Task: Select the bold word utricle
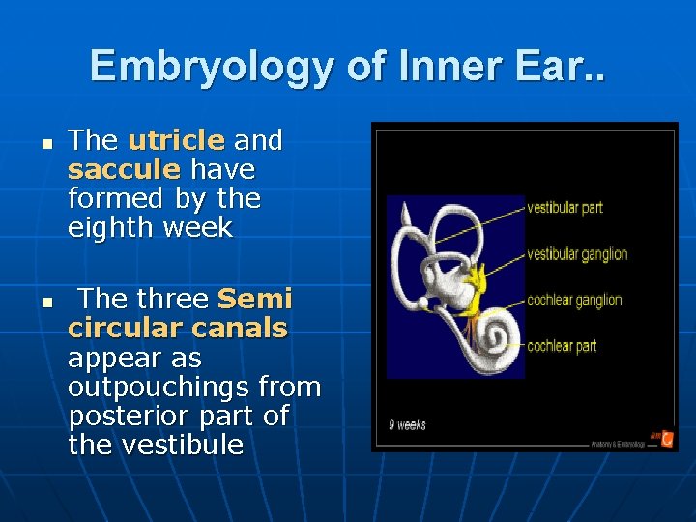(x=176, y=141)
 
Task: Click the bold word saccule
(x=124, y=170)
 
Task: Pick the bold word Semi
(x=255, y=300)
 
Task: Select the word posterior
(x=126, y=417)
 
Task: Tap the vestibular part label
(x=565, y=207)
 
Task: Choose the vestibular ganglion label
(x=577, y=254)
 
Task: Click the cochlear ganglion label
(x=574, y=301)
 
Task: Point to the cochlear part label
(x=562, y=345)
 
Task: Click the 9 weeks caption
(x=407, y=424)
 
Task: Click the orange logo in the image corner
(x=667, y=438)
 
